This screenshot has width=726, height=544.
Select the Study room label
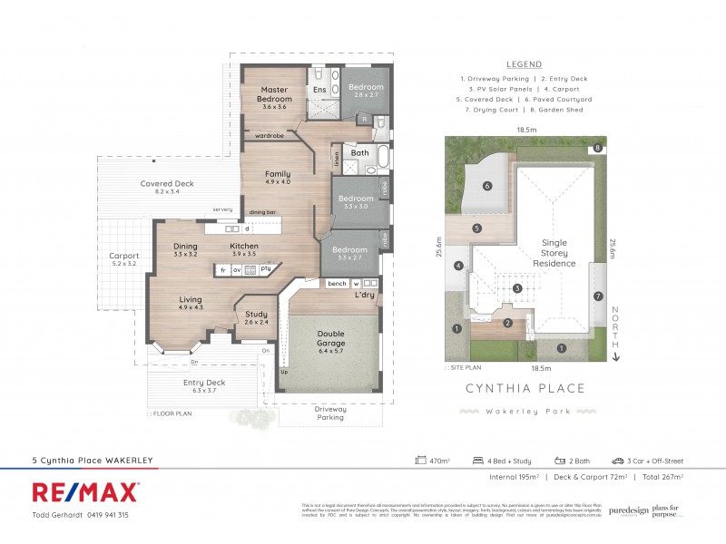point(257,316)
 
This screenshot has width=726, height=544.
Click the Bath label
point(360,153)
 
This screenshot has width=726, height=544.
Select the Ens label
point(319,90)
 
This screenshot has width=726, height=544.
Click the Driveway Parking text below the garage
point(330,413)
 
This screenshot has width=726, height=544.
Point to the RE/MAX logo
point(85,492)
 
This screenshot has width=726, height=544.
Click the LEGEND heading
point(524,64)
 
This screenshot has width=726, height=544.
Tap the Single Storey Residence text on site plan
point(554,253)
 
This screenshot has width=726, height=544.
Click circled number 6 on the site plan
point(487,187)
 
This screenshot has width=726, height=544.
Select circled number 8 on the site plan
point(597,148)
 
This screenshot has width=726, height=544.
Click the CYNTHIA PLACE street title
point(525,388)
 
